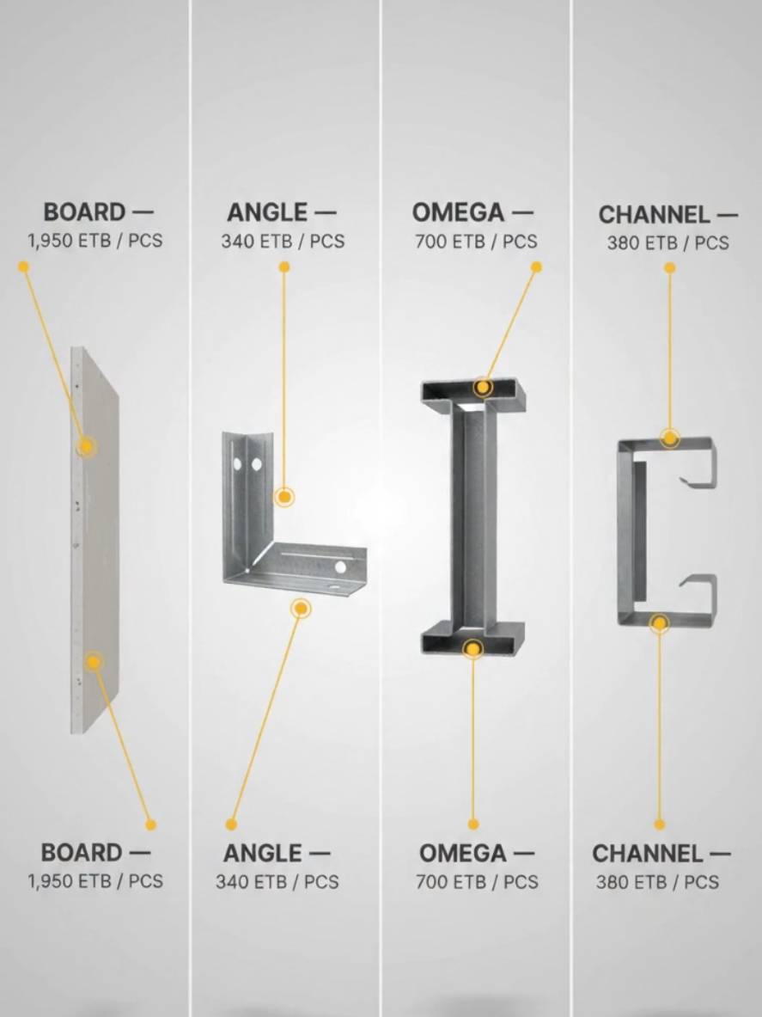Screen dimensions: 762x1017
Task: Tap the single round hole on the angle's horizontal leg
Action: point(340,567)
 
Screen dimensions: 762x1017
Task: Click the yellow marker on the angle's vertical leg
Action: point(283,498)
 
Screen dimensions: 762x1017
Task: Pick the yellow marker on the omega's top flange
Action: point(482,388)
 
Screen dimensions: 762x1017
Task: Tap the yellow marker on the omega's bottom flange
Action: point(473,649)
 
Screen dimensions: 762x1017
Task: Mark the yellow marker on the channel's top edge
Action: point(670,438)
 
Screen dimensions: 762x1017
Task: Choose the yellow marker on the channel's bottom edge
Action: point(660,624)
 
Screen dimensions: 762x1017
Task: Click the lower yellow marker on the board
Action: point(94,662)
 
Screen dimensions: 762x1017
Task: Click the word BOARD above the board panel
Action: point(84,212)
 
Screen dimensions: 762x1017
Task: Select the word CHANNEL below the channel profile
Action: point(647,854)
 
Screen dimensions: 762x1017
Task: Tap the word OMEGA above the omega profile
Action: point(458,212)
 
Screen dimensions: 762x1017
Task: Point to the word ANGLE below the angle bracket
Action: point(262,853)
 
